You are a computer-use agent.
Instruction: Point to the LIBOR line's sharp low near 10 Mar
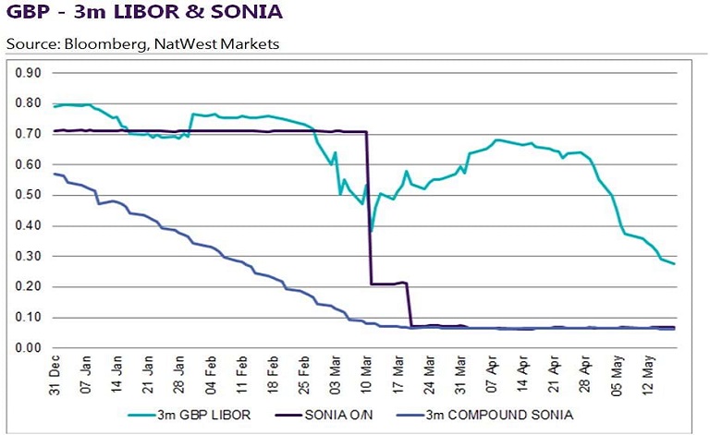point(371,230)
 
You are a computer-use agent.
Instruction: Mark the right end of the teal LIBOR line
point(674,264)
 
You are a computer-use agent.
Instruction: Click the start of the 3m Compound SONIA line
point(55,174)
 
